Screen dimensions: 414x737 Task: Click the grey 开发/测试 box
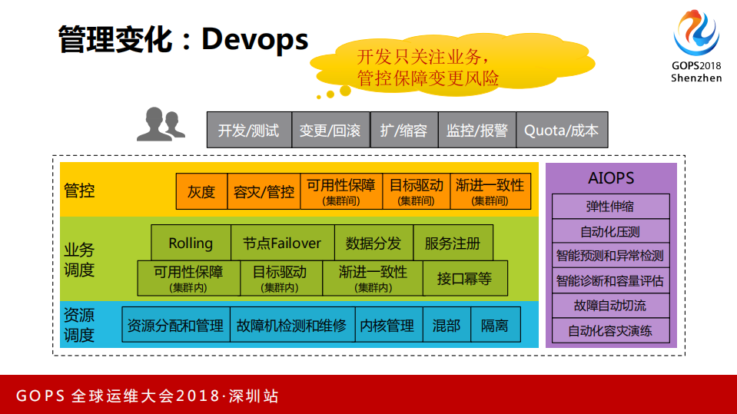[249, 130]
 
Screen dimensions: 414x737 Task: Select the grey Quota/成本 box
[561, 130]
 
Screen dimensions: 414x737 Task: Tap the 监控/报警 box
[477, 130]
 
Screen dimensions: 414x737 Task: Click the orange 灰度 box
[202, 191]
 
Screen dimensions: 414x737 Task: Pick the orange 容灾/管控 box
[264, 191]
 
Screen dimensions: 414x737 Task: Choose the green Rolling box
[191, 243]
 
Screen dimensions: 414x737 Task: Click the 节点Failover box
[282, 243]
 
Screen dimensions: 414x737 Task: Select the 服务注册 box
[453, 243]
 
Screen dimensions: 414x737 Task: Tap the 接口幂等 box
[464, 278]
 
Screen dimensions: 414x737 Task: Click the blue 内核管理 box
[387, 325]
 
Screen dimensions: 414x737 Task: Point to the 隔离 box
[495, 325]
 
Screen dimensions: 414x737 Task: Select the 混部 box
[446, 325]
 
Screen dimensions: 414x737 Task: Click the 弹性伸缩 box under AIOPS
[610, 206]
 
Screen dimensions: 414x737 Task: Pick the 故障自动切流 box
[610, 305]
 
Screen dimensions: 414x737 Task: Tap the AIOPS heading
[611, 178]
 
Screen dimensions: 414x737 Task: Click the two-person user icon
[161, 124]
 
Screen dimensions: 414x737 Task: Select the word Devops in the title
[255, 39]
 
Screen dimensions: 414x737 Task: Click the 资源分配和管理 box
[175, 325]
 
